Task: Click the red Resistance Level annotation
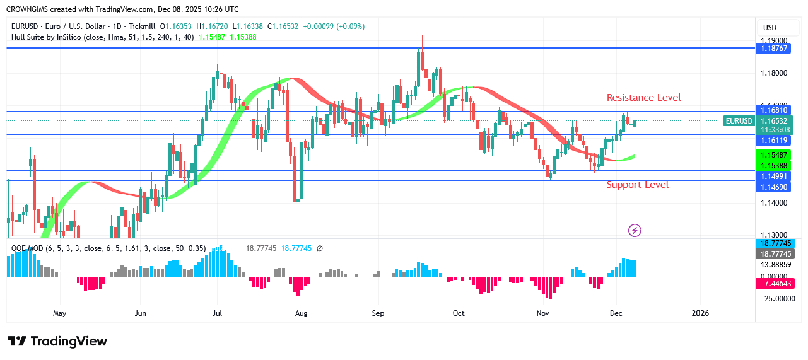pyautogui.click(x=643, y=98)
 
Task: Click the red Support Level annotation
pyautogui.click(x=637, y=185)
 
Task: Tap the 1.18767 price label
pyautogui.click(x=775, y=48)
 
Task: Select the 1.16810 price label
pyautogui.click(x=775, y=110)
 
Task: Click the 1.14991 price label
pyautogui.click(x=775, y=177)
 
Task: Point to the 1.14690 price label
pyautogui.click(x=775, y=187)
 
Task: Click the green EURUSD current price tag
pyautogui.click(x=739, y=120)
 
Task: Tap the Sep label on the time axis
pyautogui.click(x=378, y=313)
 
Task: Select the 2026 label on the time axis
pyautogui.click(x=700, y=313)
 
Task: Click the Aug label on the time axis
pyautogui.click(x=301, y=313)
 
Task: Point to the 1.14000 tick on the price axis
pyautogui.click(x=775, y=203)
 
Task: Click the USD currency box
pyautogui.click(x=770, y=28)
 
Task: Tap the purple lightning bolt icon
pyautogui.click(x=635, y=230)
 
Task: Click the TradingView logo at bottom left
pyautogui.click(x=57, y=341)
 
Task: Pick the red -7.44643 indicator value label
pyautogui.click(x=775, y=284)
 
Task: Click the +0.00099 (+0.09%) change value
pyautogui.click(x=333, y=26)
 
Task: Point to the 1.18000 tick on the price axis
pyautogui.click(x=775, y=73)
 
